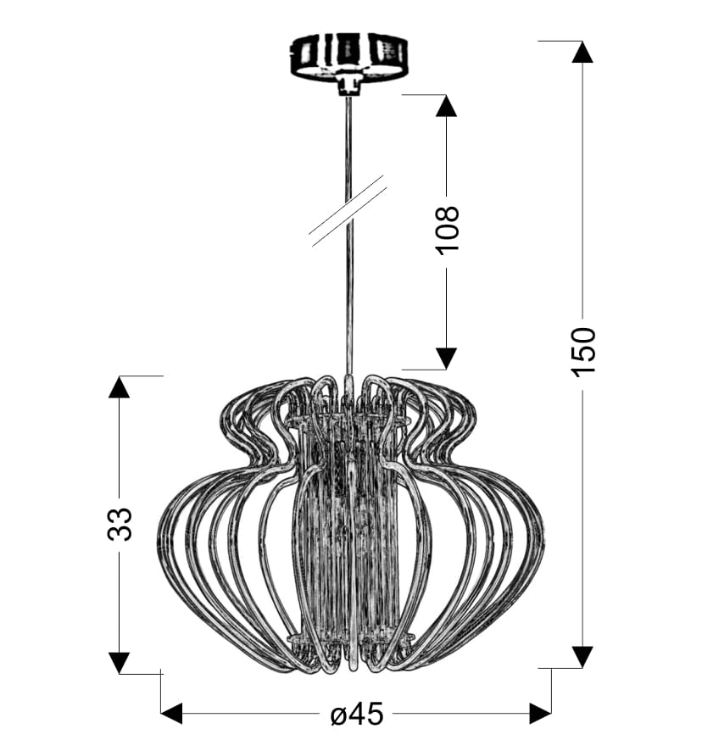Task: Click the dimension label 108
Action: pos(448,231)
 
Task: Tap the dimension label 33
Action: pos(120,524)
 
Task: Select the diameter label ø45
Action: pos(357,715)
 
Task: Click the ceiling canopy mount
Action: pos(348,58)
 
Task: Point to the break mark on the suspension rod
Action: pos(348,211)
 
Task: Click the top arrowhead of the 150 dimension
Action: pos(582,52)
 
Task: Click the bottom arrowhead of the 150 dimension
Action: pos(582,657)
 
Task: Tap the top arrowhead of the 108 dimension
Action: pos(446,105)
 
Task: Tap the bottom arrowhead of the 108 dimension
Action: pos(446,359)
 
